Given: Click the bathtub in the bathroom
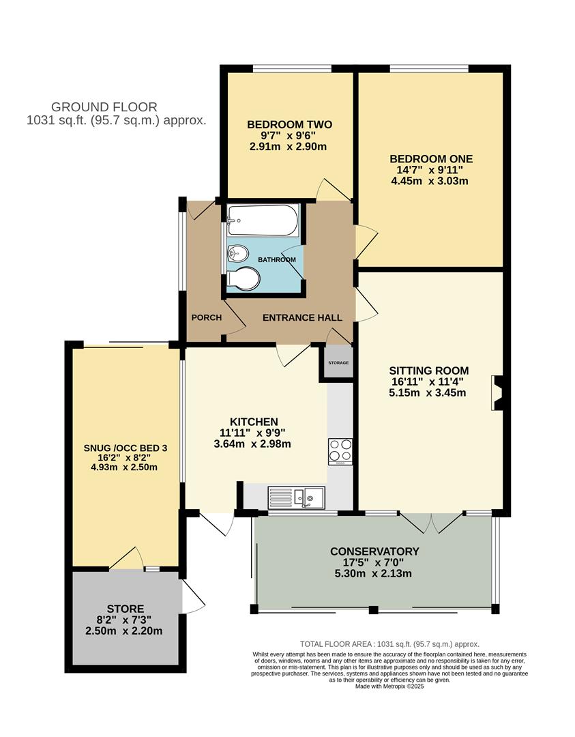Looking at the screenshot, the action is (x=262, y=220).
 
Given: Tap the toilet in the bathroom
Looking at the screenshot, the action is (x=243, y=279).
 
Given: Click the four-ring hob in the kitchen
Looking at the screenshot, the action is (x=340, y=451).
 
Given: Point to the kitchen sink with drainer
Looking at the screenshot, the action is (x=296, y=497).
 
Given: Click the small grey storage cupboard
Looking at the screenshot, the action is (x=338, y=362).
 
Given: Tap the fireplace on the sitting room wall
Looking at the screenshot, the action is (x=497, y=393).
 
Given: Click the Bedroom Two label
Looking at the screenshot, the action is (x=289, y=125).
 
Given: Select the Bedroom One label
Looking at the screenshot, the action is (x=431, y=159).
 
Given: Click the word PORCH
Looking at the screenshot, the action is (x=206, y=318).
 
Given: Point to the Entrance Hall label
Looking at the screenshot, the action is (x=302, y=318).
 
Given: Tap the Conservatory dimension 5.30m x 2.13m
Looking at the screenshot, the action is (x=373, y=573).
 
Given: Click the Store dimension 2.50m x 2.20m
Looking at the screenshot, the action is (x=124, y=631).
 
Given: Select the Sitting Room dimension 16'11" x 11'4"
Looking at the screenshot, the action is (x=428, y=381).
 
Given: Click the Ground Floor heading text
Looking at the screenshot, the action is (x=104, y=107).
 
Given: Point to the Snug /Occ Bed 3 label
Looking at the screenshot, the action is (x=126, y=448).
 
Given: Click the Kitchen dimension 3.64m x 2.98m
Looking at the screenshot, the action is (x=252, y=444).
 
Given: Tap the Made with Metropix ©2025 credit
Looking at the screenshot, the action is (x=389, y=687).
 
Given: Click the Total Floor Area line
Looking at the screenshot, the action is (x=389, y=644).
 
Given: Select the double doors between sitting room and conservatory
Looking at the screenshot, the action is (x=431, y=522).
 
